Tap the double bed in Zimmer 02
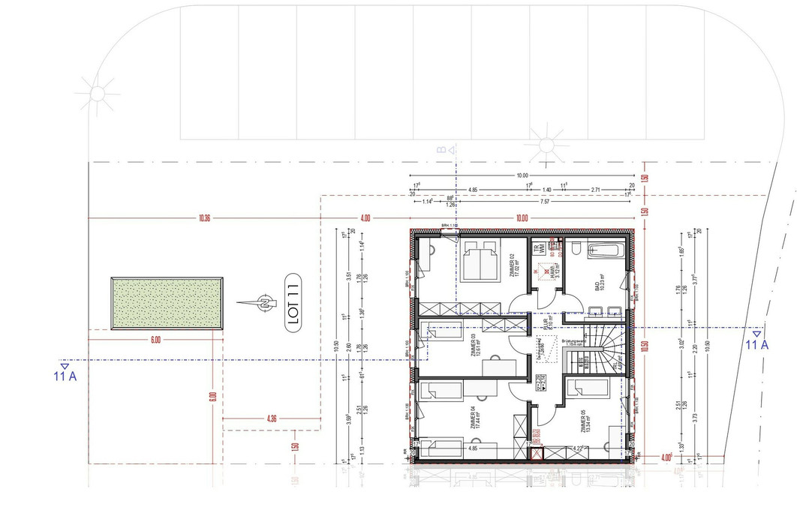[x=480, y=260]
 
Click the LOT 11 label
[x=293, y=303]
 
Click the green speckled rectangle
[x=167, y=302]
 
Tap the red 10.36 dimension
[x=204, y=218]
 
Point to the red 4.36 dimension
[x=272, y=418]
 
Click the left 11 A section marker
[x=65, y=372]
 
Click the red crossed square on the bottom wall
[x=535, y=452]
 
